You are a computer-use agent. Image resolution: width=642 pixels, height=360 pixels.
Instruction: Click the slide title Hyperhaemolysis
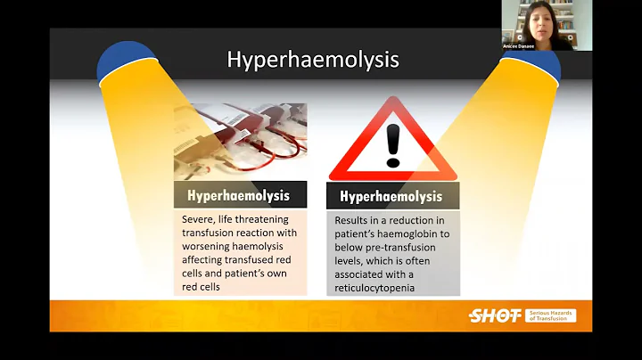coord(312,60)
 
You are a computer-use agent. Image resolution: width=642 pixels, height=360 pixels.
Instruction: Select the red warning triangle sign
coord(393,142)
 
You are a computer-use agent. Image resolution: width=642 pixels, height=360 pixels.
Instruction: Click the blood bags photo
coord(240,142)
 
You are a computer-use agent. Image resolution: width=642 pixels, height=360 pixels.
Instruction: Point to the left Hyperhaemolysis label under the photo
coord(240,194)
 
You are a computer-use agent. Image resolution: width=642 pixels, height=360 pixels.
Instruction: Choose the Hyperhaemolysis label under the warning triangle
coord(393,197)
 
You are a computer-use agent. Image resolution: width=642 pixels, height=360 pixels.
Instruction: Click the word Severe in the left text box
coord(198,219)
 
